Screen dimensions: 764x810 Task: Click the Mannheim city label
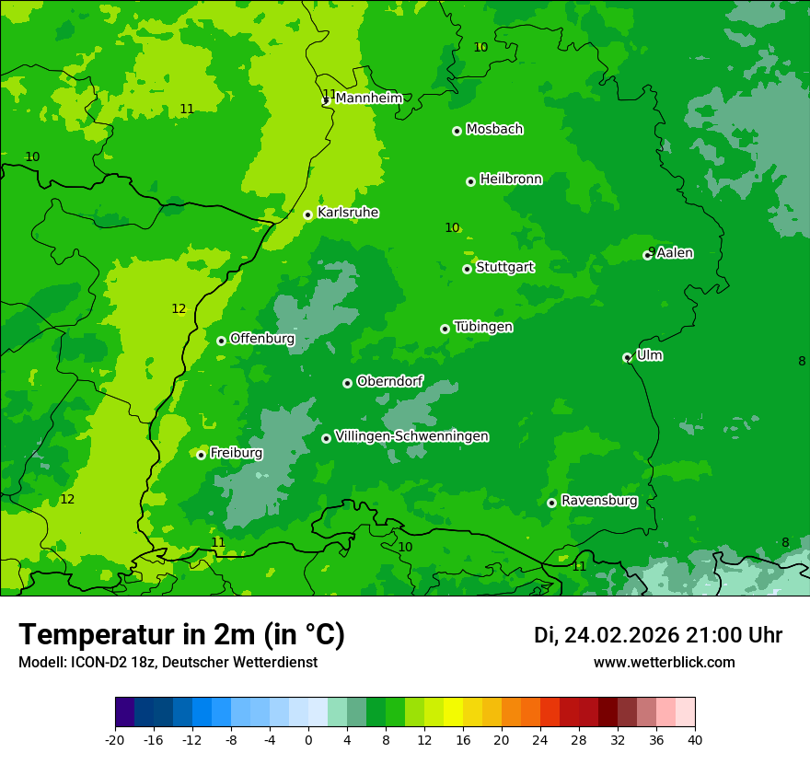pyautogui.click(x=368, y=98)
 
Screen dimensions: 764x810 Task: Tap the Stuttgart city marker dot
pyautogui.click(x=467, y=269)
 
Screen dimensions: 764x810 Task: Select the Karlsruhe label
pyautogui.click(x=347, y=213)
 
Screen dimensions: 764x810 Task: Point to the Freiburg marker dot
pyautogui.click(x=201, y=455)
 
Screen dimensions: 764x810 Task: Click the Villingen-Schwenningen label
pyautogui.click(x=411, y=436)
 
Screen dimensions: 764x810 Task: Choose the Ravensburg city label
pyautogui.click(x=598, y=501)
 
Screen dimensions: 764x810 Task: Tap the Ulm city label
pyautogui.click(x=649, y=355)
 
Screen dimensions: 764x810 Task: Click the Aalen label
pyautogui.click(x=674, y=253)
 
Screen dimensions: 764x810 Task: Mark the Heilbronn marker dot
pyautogui.click(x=470, y=181)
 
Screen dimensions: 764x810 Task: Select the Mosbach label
pyautogui.click(x=494, y=130)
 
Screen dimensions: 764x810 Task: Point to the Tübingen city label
pyautogui.click(x=483, y=327)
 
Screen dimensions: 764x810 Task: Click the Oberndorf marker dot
pyautogui.click(x=347, y=383)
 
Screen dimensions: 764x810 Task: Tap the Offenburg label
pyautogui.click(x=262, y=339)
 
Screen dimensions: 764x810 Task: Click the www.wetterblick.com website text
pyautogui.click(x=664, y=663)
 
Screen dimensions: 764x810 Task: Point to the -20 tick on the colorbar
pyautogui.click(x=115, y=739)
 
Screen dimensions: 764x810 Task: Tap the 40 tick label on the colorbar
pyautogui.click(x=694, y=739)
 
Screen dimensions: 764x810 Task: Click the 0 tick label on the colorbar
pyautogui.click(x=308, y=739)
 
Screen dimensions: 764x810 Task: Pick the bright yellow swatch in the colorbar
pyautogui.click(x=453, y=712)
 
